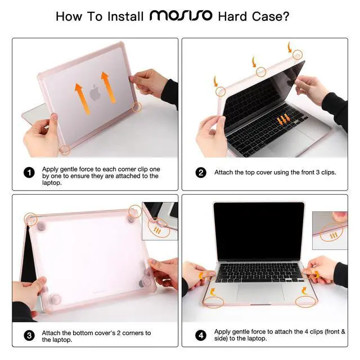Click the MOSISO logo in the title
pos(181,16)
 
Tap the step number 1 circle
pos(29,173)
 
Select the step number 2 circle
pos(201,173)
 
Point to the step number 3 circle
pos(29,336)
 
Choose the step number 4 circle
pos(201,335)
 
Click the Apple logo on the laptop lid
pos(95,92)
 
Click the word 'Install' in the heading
pos(125,16)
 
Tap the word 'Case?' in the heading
pos(271,16)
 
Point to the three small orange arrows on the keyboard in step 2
pos(283,119)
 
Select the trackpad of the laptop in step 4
pos(260,292)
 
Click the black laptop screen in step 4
pos(259,231)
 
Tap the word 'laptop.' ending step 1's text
pos(52,183)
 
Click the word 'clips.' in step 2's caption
pos(328,172)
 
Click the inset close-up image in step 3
pos(160,221)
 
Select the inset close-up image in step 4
pos(330,231)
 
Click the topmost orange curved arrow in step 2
pos(290,47)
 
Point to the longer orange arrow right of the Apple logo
pos(109,87)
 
